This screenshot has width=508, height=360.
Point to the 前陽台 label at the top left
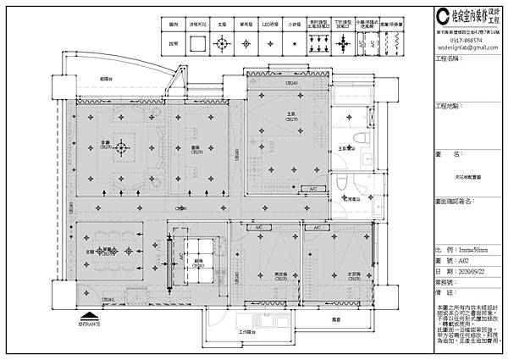click(x=106, y=79)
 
